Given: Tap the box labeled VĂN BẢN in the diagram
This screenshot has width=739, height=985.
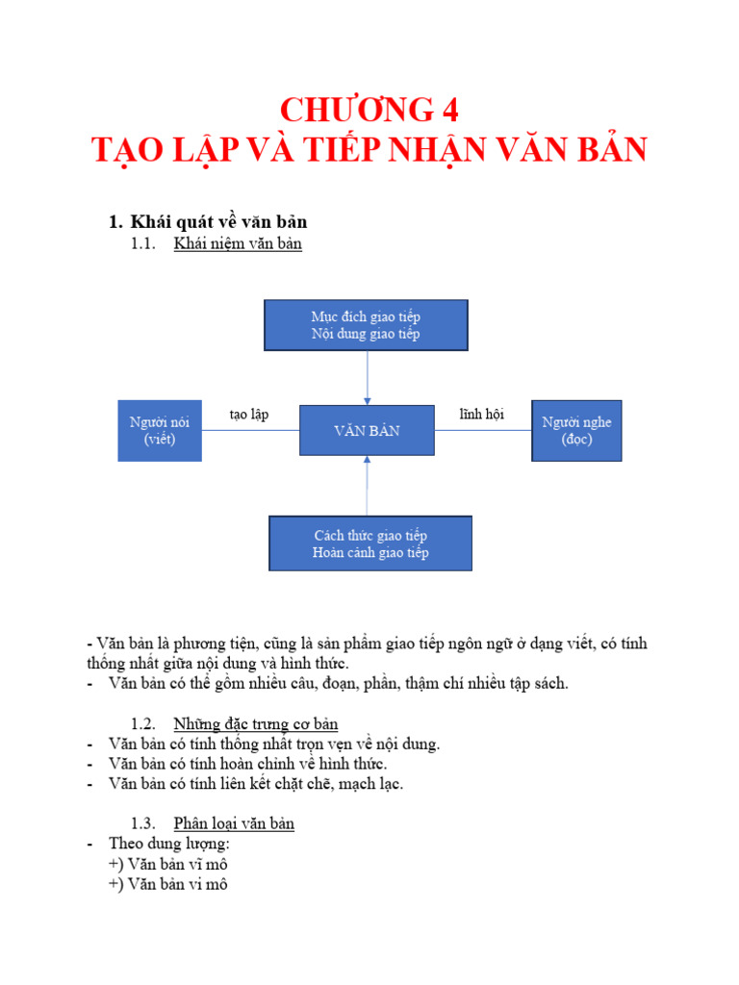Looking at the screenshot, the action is point(367,431).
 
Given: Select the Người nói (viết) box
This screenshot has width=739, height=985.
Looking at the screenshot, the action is point(160,431).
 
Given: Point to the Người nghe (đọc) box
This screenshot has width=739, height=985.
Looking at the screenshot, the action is point(576,431).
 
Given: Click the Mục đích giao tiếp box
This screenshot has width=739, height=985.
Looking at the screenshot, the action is point(366,324).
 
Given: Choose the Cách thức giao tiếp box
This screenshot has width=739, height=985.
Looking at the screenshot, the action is point(370,543).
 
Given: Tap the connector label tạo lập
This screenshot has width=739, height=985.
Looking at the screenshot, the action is point(249,415).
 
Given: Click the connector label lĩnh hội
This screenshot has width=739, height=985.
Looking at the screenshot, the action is point(481,415).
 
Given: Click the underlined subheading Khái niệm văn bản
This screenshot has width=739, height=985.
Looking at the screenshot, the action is point(238,244).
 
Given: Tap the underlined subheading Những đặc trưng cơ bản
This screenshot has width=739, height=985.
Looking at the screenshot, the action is point(255,723).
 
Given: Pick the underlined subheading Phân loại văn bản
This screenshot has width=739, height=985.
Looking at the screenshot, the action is point(234,823).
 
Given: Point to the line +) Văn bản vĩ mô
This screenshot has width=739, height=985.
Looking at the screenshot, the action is point(168,864).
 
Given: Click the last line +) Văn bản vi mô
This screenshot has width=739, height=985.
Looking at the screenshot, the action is point(168,884).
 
